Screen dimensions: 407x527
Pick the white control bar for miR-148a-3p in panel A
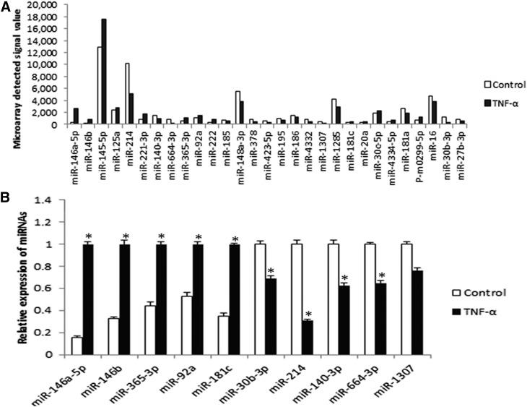(x=238, y=108)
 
